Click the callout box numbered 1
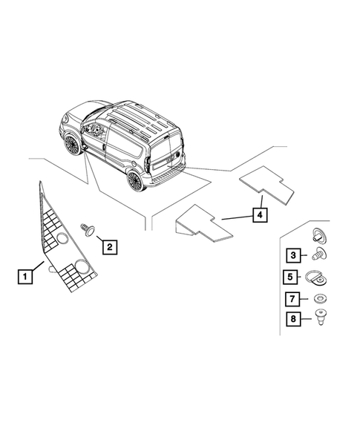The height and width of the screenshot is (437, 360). pyautogui.click(x=24, y=277)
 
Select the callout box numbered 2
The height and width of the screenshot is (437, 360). pyautogui.click(x=108, y=246)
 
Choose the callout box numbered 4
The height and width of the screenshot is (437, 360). pyautogui.click(x=259, y=214)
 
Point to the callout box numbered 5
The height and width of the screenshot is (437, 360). pyautogui.click(x=292, y=278)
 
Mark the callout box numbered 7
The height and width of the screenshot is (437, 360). pyautogui.click(x=292, y=300)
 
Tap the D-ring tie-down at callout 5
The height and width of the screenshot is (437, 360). pyautogui.click(x=318, y=279)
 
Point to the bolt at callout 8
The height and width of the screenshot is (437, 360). pyautogui.click(x=319, y=319)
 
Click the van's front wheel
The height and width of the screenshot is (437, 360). pyautogui.click(x=71, y=145)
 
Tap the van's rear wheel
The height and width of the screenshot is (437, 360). pyautogui.click(x=135, y=180)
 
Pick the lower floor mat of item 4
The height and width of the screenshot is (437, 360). pyautogui.click(x=203, y=223)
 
